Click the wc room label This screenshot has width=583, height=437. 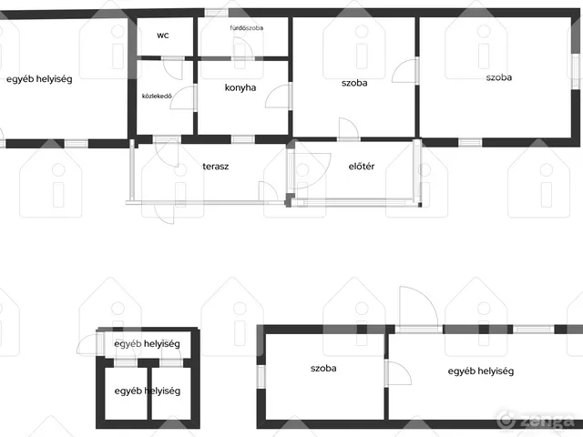[x=163, y=36]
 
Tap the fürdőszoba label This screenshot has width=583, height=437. [x=247, y=28]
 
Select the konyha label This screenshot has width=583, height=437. [x=240, y=87]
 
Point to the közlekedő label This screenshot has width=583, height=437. [x=157, y=97]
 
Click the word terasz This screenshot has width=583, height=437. [x=216, y=167]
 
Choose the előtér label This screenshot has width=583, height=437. [x=362, y=166]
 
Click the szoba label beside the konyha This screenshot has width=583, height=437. [x=354, y=83]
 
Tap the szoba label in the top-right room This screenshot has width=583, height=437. [x=499, y=77]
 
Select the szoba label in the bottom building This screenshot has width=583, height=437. [x=323, y=368]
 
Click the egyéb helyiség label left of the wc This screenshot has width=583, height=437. [x=39, y=79]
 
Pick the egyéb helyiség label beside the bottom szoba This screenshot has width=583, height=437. [x=481, y=371]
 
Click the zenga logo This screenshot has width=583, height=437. [x=536, y=421]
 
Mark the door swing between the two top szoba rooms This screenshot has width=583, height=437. [x=404, y=71]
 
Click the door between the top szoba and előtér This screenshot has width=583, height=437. [x=349, y=128]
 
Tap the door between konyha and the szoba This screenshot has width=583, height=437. [x=278, y=97]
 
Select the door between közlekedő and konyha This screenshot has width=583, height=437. [x=182, y=97]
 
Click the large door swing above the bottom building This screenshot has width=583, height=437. [x=419, y=307]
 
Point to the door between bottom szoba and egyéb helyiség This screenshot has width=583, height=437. [x=399, y=372]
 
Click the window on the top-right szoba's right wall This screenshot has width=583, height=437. [x=576, y=71]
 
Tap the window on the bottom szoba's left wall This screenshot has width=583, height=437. [x=261, y=377]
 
